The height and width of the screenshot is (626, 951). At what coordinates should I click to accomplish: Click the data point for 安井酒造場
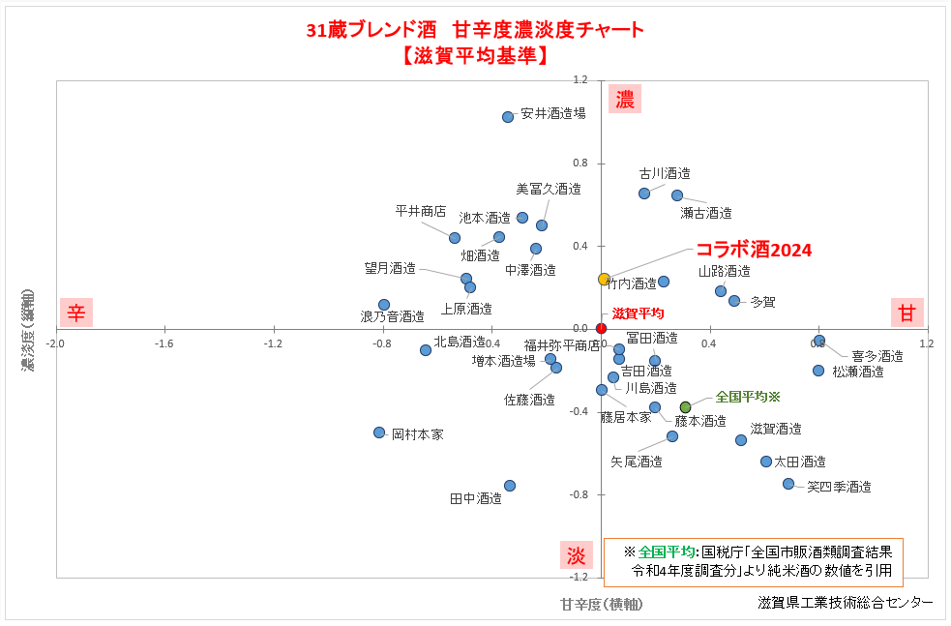pos(508,117)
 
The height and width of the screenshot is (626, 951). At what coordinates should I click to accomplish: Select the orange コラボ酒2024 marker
pos(604,280)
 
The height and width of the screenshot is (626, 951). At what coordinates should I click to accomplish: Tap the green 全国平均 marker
pos(686,407)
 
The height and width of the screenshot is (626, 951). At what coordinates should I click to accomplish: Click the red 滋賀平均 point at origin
pos(601,328)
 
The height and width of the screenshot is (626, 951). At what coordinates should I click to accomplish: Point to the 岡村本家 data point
pos(379,432)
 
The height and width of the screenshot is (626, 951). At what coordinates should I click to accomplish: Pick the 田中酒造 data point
pos(510,486)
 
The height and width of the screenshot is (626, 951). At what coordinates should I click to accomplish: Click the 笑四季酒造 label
pos(839,487)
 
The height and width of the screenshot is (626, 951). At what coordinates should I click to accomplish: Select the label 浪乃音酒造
pos(393,316)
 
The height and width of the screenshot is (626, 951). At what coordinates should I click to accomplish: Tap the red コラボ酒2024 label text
pos(754,250)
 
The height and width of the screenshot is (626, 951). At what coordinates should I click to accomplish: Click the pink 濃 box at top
pos(625,99)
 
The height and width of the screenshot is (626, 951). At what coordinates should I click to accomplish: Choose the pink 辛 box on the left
pos(75,313)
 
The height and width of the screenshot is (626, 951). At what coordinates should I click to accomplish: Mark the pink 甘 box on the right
pos(907,313)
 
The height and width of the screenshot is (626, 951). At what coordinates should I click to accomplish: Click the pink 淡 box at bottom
pos(576,556)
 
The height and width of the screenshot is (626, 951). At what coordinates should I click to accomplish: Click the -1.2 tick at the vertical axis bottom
pos(580,578)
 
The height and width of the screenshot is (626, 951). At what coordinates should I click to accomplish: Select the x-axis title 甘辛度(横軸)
pos(601,604)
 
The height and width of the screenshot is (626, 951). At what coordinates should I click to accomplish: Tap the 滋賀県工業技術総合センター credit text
pos(846,603)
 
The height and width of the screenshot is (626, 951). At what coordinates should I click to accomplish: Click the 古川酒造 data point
pos(644,194)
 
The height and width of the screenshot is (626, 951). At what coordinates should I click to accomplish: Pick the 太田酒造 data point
pos(766,462)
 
